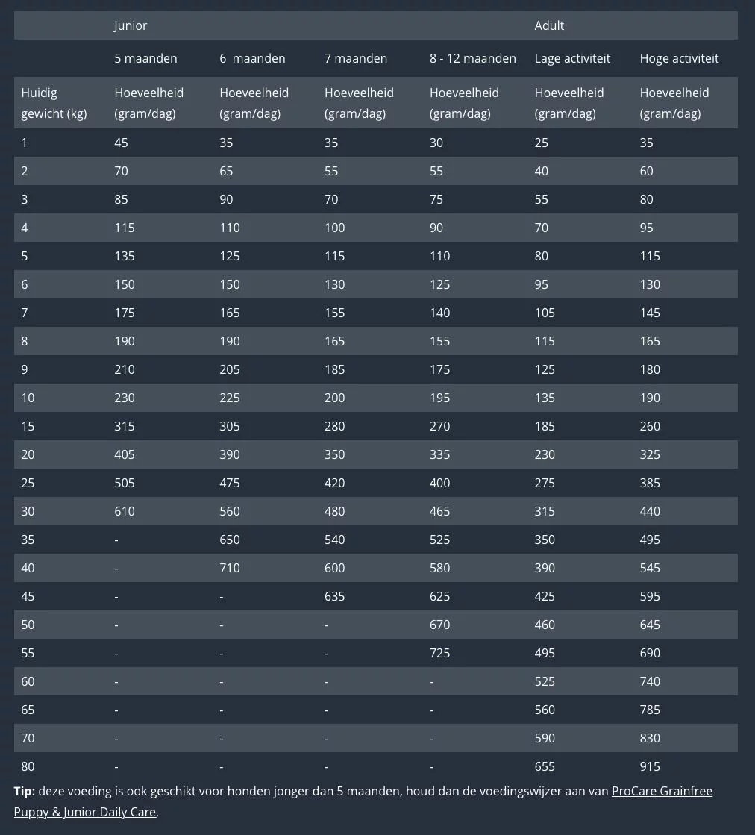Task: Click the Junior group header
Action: click(131, 25)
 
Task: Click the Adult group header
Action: click(549, 25)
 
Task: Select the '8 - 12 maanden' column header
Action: click(472, 58)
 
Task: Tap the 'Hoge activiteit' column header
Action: click(679, 58)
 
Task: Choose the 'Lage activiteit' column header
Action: click(572, 58)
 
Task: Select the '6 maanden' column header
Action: click(252, 58)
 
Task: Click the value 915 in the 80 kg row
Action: click(650, 766)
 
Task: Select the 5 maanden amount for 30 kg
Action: click(125, 511)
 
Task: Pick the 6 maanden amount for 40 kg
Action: click(230, 568)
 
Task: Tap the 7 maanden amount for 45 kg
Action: click(335, 596)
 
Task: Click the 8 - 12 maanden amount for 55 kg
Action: click(440, 653)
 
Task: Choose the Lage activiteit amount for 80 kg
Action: click(545, 766)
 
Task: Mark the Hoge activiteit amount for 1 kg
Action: click(646, 143)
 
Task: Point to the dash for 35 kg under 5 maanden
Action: click(116, 540)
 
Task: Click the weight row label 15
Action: click(28, 426)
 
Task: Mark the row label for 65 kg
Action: click(28, 710)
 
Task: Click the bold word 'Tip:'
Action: click(24, 791)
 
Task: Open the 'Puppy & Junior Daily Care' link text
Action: click(85, 812)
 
